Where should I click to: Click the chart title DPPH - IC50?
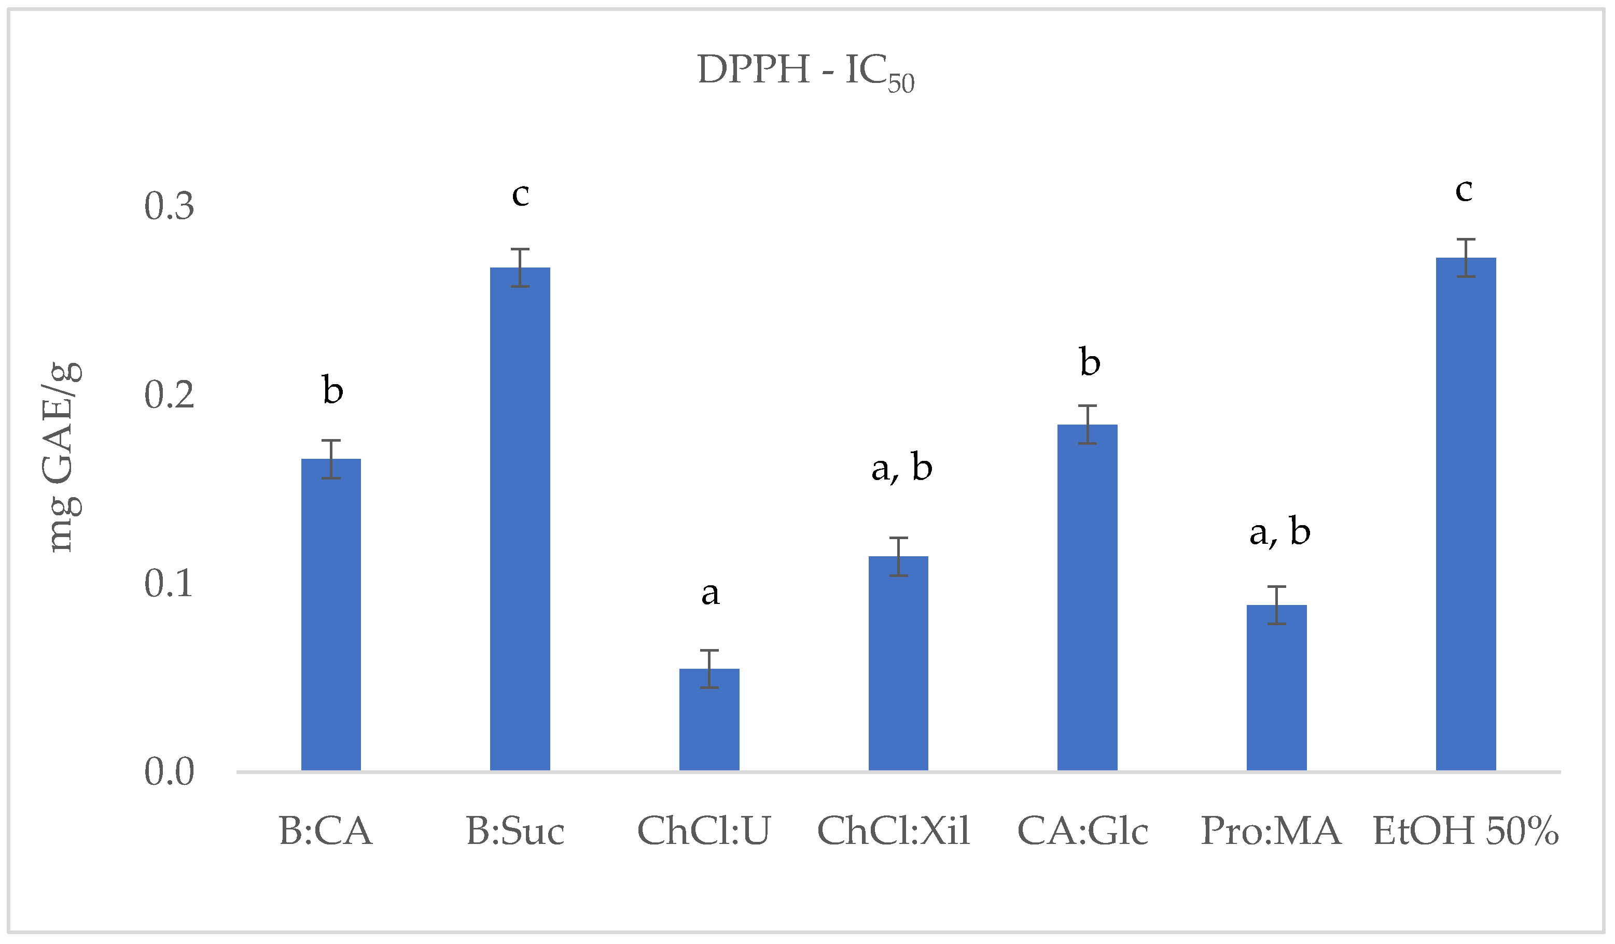pos(805,72)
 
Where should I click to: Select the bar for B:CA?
pos(331,615)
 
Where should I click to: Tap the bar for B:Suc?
pos(520,519)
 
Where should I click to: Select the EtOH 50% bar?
pos(1466,514)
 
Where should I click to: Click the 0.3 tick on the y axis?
pos(169,207)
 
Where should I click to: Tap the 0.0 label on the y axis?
pos(169,772)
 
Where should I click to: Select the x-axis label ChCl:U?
pos(703,832)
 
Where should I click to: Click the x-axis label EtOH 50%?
pos(1466,832)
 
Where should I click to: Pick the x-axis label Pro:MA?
pos(1271,832)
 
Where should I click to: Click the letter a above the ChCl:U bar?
pos(709,593)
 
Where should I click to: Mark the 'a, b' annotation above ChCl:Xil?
pos(901,468)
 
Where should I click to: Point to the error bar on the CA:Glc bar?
pos(1087,425)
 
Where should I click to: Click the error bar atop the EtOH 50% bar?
pos(1466,258)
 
